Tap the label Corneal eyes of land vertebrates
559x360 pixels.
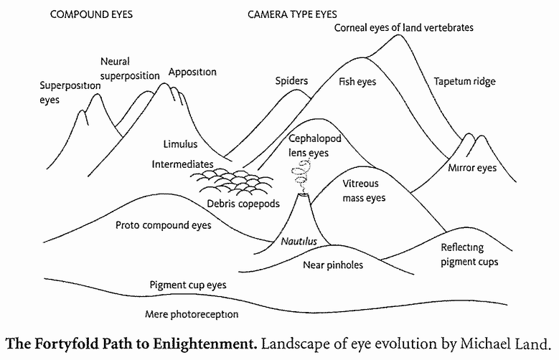pyautogui.click(x=403, y=27)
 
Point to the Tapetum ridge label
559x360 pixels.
pyautogui.click(x=464, y=81)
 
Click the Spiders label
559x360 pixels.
pyautogui.click(x=291, y=81)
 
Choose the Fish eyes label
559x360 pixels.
pyautogui.click(x=357, y=82)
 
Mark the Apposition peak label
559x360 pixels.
pyautogui.click(x=192, y=72)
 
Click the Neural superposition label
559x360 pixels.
pyautogui.click(x=127, y=70)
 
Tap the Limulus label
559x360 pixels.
pyautogui.click(x=180, y=144)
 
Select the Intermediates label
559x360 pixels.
pyautogui.click(x=182, y=164)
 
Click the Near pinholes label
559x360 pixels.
pyautogui.click(x=333, y=265)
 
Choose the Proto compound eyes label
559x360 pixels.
pyautogui.click(x=164, y=225)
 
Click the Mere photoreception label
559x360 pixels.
pyautogui.click(x=192, y=314)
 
